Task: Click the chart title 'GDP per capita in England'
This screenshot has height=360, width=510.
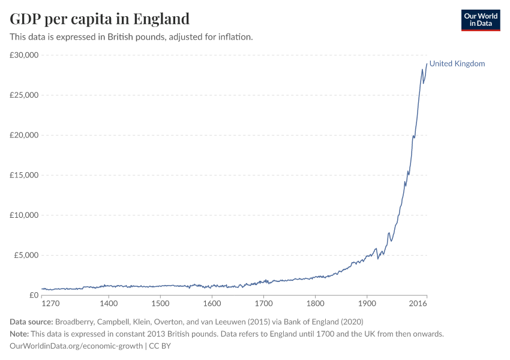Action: pos(100,19)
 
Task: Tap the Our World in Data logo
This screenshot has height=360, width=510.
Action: pos(480,20)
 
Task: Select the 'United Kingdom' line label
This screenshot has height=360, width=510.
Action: pos(457,64)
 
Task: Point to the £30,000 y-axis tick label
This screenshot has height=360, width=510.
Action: pos(25,55)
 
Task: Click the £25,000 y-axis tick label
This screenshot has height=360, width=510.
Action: pos(25,95)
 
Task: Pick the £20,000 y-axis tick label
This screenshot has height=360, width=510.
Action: pos(25,135)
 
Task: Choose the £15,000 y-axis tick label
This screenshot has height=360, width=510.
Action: pos(25,175)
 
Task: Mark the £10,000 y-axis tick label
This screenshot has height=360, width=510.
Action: pos(25,215)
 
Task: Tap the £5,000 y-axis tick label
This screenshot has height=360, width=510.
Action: pos(26,255)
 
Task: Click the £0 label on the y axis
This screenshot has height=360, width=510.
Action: pos(34,295)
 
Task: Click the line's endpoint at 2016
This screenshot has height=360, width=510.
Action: pos(427,64)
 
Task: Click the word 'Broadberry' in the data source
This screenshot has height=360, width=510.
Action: pos(75,322)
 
